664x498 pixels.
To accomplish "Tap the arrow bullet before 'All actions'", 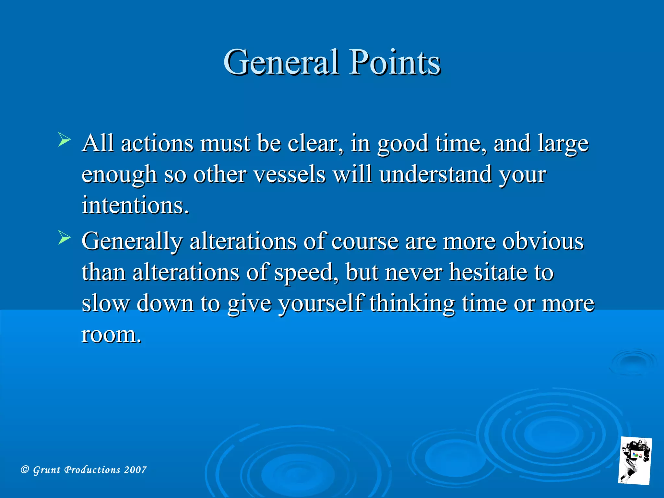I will point(64,140).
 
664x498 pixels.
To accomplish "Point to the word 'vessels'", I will point(289,174).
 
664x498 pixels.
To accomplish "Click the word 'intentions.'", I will point(135,205).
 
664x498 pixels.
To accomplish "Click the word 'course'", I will point(365,242).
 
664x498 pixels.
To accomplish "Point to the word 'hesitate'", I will point(488,272).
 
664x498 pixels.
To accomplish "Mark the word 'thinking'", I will point(412,303).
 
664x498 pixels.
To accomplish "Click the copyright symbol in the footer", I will point(25,469).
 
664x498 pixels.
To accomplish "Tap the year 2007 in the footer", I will point(135,470).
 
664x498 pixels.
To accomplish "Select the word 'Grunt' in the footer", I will point(47,470).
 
